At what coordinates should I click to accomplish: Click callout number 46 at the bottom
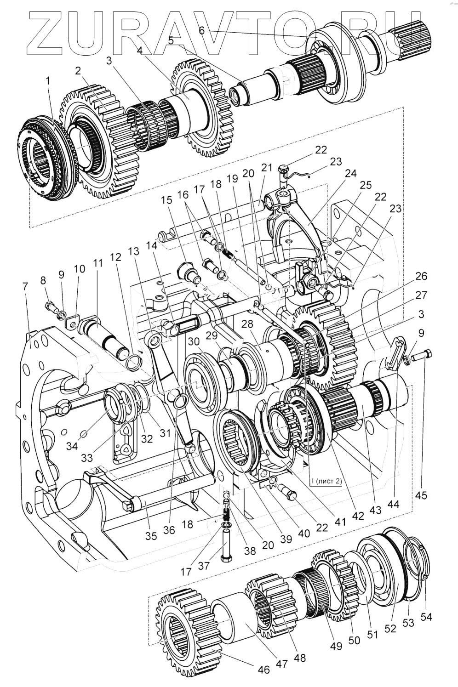click(x=263, y=669)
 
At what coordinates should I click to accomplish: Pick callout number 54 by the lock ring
click(x=426, y=616)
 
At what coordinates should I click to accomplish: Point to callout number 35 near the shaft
click(x=151, y=535)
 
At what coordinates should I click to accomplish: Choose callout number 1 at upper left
click(x=48, y=79)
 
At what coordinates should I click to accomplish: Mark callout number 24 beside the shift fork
click(x=351, y=174)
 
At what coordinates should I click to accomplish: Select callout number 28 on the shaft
click(x=247, y=324)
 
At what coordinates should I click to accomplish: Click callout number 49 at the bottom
click(x=336, y=646)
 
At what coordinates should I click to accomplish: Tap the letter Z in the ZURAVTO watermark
click(x=44, y=31)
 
